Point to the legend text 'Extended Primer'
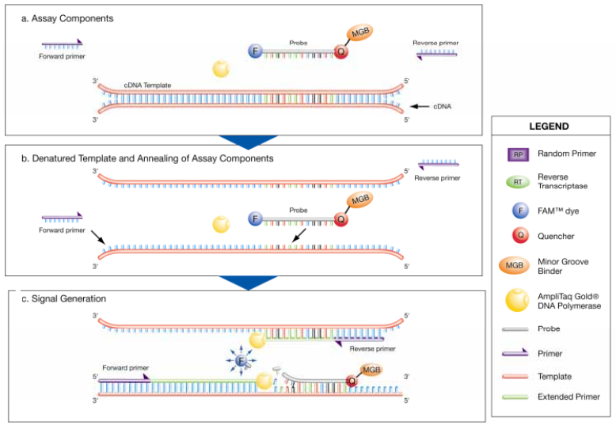(569, 397)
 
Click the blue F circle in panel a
(255, 51)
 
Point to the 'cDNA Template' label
(147, 85)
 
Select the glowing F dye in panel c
(241, 361)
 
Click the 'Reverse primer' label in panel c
(374, 348)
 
